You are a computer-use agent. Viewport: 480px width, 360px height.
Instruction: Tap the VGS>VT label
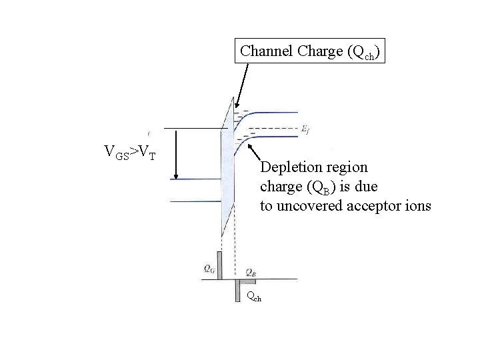pos(130,153)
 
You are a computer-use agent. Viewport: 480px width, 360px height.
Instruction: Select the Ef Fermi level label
pos(305,127)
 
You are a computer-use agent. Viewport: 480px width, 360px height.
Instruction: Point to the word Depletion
pos(288,166)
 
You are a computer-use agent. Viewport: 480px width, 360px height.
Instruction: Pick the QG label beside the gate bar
pos(209,269)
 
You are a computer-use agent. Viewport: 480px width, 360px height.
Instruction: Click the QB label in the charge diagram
pos(251,272)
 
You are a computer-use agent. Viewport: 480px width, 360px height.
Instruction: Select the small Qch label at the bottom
pos(253,297)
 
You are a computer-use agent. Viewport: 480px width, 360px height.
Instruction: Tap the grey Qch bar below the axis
pos(237,290)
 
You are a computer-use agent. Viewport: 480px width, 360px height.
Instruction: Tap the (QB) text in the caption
pos(310,186)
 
